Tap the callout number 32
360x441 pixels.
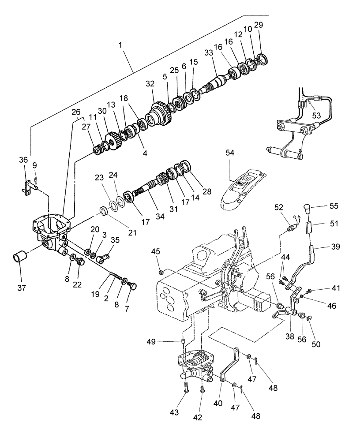[150, 83]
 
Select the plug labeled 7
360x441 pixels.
[131, 286]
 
